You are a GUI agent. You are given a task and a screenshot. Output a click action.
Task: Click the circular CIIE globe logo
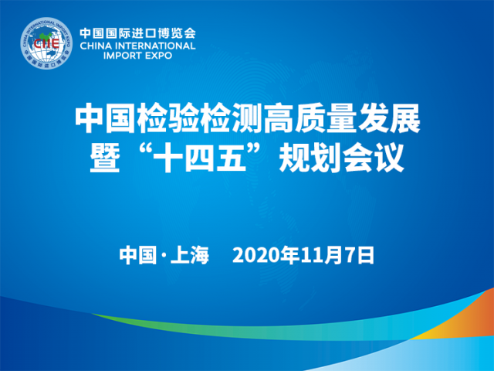pos(46,43)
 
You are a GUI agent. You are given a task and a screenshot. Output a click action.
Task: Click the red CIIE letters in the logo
pos(46,43)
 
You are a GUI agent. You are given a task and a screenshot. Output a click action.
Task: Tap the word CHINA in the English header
pos(96,46)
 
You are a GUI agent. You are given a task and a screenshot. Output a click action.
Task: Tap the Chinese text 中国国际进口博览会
pos(137,32)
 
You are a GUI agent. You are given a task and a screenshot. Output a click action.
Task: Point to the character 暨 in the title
pos(105,158)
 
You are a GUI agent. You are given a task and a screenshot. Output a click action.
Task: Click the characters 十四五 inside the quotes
pos(200,158)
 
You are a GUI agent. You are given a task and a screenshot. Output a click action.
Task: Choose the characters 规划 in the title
pos(310,158)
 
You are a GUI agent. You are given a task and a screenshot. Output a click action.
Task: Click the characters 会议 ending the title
pos(373,158)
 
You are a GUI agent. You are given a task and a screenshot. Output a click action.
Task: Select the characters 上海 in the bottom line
pos(190,255)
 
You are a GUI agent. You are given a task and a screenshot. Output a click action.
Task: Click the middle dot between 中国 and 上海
pos(164,256)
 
